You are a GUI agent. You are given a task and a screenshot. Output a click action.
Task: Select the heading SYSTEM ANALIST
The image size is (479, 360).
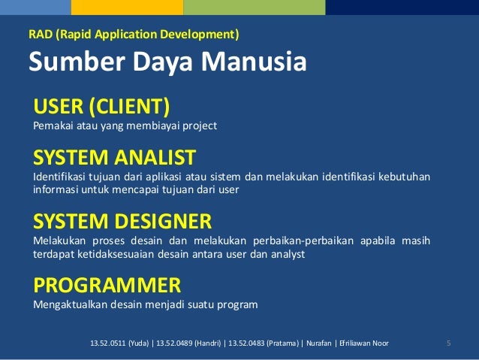point(114,157)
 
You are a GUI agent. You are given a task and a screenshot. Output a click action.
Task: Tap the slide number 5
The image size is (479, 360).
point(448,343)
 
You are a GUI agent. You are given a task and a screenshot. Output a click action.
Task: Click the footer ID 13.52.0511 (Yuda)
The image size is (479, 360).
point(119,343)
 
